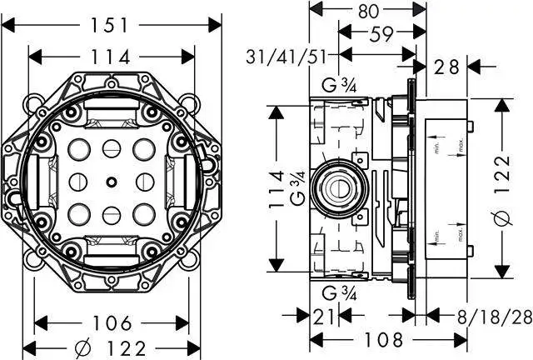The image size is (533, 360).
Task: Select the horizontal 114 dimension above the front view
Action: tap(111, 57)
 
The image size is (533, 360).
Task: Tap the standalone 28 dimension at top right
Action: tap(446, 67)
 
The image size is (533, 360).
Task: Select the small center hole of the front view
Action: tap(111, 181)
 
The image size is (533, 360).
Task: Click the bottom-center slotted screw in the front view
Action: tap(111, 212)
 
